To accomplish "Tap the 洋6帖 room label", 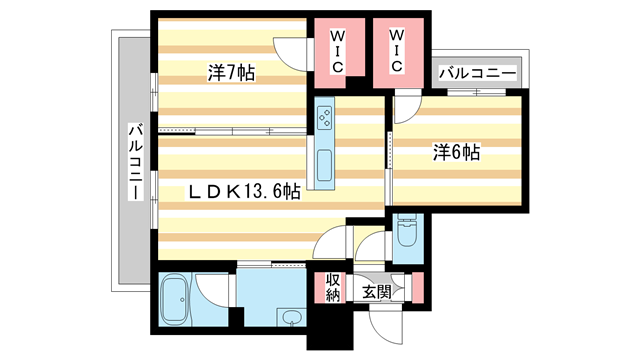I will [456, 152].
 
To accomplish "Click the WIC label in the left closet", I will [338, 50].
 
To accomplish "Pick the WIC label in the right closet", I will [395, 50].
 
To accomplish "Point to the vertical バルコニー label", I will [133, 160].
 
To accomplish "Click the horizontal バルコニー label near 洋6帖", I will [477, 73].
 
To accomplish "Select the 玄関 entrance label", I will [376, 292].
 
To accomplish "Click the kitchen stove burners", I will [326, 117].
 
